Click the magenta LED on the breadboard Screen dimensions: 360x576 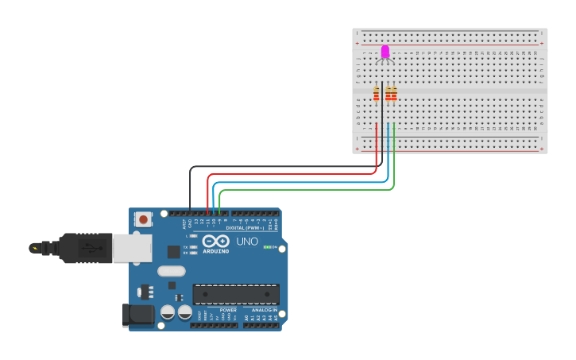pos(385,52)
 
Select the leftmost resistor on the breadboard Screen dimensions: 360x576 pos(377,95)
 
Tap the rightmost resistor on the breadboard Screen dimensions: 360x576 pos(394,95)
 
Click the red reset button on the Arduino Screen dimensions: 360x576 pos(143,219)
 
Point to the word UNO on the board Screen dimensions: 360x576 pos(247,241)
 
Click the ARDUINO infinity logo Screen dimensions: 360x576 pos(215,242)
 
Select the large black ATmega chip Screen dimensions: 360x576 pos(235,293)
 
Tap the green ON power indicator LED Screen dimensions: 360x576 pos(268,247)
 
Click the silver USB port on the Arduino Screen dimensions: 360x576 pos(132,247)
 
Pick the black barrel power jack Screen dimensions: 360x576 pos(138,315)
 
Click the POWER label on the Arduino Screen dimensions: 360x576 pos(217,310)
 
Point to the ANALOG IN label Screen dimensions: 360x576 pos(265,310)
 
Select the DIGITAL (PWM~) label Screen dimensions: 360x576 pos(245,227)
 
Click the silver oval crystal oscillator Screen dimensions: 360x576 pos(171,271)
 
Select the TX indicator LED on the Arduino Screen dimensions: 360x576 pos(193,247)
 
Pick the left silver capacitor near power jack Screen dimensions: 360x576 pos(168,312)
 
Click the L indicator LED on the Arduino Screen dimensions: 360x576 pos(193,236)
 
